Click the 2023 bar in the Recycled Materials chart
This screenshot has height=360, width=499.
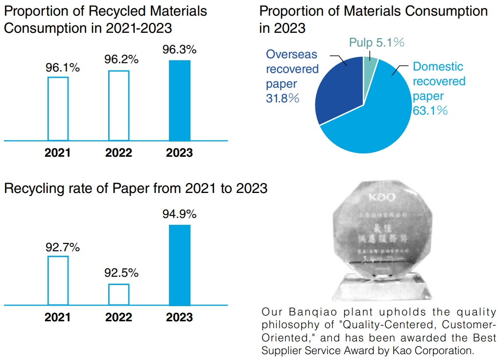[x=179, y=100]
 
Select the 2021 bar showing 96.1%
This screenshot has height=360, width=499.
[x=58, y=108]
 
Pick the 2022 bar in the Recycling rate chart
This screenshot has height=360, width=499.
[x=119, y=294]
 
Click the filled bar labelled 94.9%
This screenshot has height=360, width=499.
[x=179, y=265]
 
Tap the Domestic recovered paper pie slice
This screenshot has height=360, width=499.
[x=372, y=122]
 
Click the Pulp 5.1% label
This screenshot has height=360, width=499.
[x=377, y=43]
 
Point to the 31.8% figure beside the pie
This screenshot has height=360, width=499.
[x=282, y=98]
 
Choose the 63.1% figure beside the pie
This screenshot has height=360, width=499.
[x=430, y=111]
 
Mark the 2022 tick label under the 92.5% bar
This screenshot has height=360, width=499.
[x=119, y=317]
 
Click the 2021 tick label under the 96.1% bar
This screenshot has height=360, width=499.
[x=58, y=153]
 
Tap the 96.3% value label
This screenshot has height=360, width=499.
[x=179, y=49]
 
